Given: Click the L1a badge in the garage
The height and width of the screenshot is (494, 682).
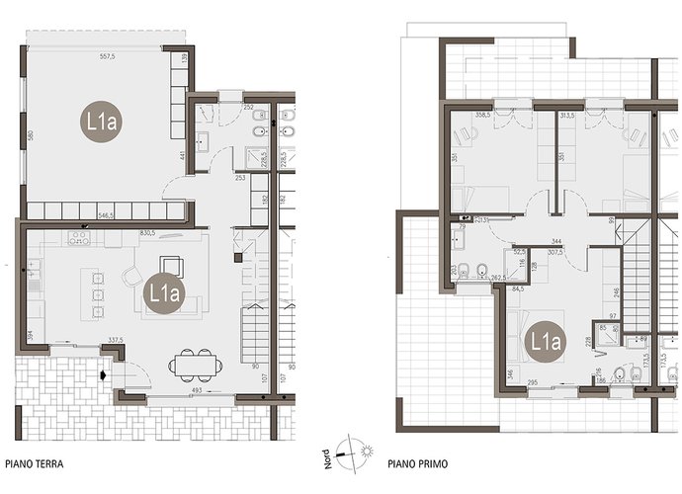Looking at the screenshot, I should (x=100, y=123).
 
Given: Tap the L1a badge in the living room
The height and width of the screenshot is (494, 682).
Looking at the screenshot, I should (x=163, y=292).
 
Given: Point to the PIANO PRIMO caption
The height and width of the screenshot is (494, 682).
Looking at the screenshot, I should (x=413, y=461).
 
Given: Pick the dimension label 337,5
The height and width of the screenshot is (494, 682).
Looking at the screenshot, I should (x=115, y=340).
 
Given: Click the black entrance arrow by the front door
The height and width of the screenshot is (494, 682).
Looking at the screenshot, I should (x=102, y=374).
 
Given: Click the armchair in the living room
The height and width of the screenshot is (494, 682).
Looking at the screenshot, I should (x=132, y=278).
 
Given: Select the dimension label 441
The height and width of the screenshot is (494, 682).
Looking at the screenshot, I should (x=182, y=156).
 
